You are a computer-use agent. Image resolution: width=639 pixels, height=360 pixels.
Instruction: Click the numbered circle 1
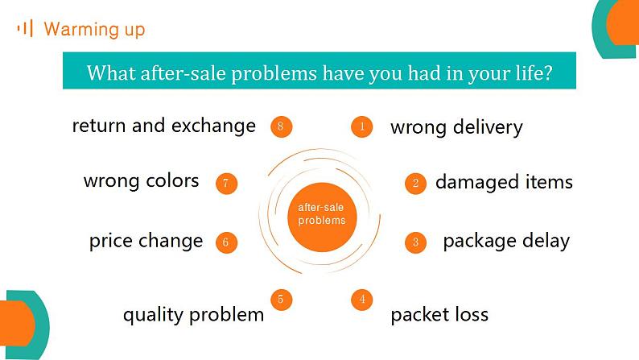click(x=362, y=126)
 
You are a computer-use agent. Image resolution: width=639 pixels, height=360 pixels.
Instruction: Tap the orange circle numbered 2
click(x=415, y=183)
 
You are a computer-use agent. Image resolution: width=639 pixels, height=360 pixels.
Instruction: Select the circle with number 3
click(x=415, y=242)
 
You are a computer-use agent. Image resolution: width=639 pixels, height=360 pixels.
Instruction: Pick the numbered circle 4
click(x=362, y=300)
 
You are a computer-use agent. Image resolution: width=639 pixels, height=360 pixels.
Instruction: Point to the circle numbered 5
click(x=281, y=300)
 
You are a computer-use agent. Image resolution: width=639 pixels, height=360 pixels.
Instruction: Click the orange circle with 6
click(x=226, y=242)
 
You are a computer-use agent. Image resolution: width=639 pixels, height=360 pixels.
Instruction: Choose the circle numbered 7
click(x=226, y=183)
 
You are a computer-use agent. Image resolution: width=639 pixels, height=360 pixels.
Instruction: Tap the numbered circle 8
click(x=281, y=126)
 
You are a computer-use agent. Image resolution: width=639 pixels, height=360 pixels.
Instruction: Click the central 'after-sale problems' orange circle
click(x=322, y=217)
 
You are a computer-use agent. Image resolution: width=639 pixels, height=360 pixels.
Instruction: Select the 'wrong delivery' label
click(x=456, y=127)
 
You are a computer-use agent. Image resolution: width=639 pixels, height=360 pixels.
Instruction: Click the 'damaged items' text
click(x=504, y=182)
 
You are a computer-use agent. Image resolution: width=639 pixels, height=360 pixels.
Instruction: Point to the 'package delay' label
click(x=506, y=242)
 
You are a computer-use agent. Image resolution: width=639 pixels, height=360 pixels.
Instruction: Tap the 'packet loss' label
click(x=439, y=315)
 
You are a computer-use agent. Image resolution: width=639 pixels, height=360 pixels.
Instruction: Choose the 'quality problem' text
click(x=194, y=315)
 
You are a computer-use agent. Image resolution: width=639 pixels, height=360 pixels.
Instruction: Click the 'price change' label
click(x=146, y=241)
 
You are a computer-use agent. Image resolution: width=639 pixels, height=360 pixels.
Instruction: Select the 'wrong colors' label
click(x=141, y=181)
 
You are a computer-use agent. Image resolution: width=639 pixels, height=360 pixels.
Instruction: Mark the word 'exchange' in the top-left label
click(x=213, y=126)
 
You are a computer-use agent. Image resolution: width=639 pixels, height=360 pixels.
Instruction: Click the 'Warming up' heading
click(x=94, y=29)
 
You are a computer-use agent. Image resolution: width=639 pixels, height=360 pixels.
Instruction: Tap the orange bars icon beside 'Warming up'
click(x=25, y=28)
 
